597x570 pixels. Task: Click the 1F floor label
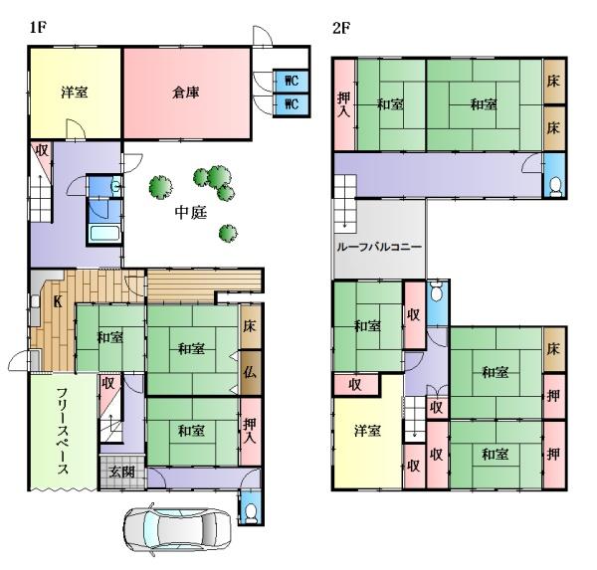[38, 28]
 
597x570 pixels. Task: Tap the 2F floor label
[341, 28]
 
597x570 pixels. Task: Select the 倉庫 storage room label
[186, 93]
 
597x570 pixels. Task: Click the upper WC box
[292, 81]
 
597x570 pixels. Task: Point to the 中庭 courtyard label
[191, 213]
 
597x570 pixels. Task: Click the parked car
[177, 528]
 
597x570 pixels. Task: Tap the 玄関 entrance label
[121, 472]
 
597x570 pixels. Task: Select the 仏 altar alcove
[250, 372]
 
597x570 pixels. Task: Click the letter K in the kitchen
[58, 302]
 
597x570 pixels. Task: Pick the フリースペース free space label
[63, 431]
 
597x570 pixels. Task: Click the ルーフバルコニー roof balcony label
[379, 247]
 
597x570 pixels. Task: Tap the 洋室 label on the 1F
[75, 93]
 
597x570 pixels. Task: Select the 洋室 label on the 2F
[367, 431]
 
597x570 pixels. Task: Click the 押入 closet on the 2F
[344, 104]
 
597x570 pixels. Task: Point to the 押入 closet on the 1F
[250, 431]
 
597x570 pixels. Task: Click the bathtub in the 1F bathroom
[104, 233]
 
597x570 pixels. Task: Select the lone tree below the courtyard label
[228, 233]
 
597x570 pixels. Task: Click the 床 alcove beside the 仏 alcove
[250, 326]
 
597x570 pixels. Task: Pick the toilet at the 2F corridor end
[555, 187]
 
